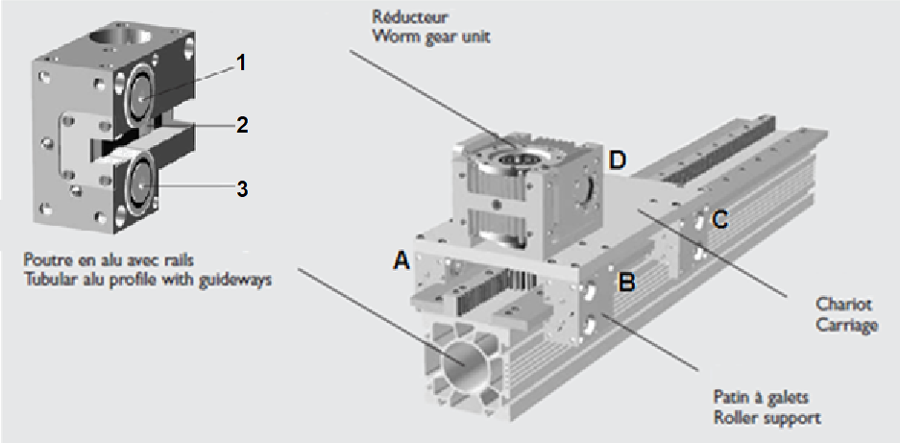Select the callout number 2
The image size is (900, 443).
coord(242,125)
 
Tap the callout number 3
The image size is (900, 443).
coord(242,189)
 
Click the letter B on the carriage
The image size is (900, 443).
coord(626,284)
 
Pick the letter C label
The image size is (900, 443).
coord(720,219)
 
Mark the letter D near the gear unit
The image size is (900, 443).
coord(617,160)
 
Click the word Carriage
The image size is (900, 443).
coord(848,325)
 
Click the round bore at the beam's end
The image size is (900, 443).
coord(463,366)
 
